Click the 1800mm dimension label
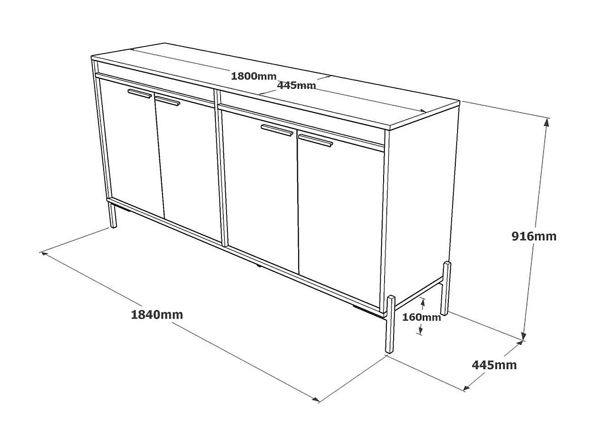click(253, 76)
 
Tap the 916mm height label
click(533, 236)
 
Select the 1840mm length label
click(157, 314)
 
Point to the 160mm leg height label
click(421, 317)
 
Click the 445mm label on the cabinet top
click(296, 85)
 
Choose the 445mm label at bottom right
click(494, 365)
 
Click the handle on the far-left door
click(140, 94)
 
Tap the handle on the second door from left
click(168, 100)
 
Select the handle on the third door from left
click(277, 130)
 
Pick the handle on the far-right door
click(316, 140)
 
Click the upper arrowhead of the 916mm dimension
click(547, 121)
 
